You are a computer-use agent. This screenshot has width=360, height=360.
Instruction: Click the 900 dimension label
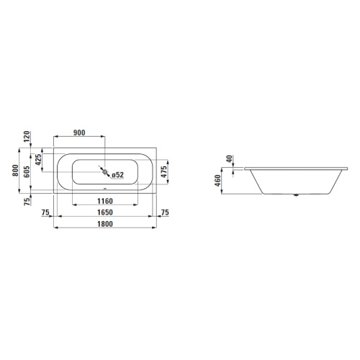tap(79, 133)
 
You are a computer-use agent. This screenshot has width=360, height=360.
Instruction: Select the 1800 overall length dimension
tap(106, 224)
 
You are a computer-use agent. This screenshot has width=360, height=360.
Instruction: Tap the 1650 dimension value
tap(106, 212)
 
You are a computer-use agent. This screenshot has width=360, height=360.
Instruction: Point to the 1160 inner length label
tap(106, 201)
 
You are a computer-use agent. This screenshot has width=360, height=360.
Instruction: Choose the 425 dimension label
tap(38, 161)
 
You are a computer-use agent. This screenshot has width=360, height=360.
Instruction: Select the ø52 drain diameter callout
tap(117, 174)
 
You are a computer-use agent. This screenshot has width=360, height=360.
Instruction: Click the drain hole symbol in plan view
tap(106, 172)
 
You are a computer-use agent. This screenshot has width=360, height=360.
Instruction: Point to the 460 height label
tap(217, 180)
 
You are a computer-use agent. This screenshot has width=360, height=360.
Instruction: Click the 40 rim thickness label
tap(229, 159)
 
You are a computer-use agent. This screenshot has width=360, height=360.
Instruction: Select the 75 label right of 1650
tap(164, 212)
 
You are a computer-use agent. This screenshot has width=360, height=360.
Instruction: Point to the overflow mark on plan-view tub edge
tap(106, 190)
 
